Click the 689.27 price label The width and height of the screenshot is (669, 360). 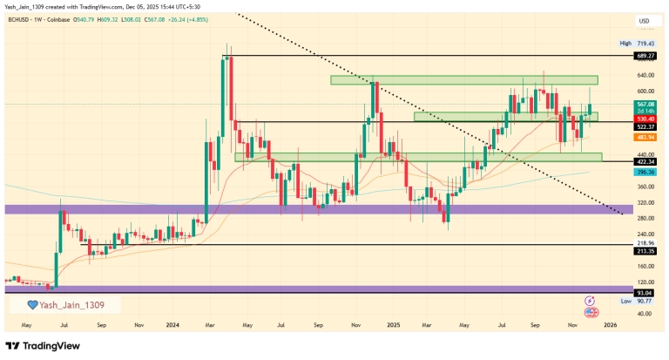[x=645, y=56]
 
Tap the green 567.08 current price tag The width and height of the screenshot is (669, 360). [x=645, y=104]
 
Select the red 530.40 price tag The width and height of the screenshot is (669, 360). [x=645, y=119]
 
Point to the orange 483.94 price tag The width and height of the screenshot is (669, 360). [x=645, y=138]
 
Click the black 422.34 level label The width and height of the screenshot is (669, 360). [x=645, y=161]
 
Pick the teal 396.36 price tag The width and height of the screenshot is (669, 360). [x=645, y=172]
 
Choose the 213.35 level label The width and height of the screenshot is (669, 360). [x=645, y=248]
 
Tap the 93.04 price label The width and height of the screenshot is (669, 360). [x=645, y=293]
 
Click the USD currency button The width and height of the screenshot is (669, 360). [x=644, y=21]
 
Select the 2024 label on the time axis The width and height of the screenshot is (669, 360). [x=172, y=323]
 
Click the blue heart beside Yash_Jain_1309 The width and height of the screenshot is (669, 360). [x=32, y=305]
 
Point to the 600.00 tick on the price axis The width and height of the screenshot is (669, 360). [x=645, y=92]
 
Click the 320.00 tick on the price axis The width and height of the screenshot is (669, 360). [x=645, y=203]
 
